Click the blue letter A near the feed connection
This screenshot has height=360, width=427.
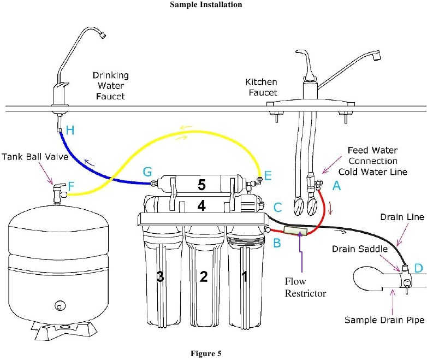pos(336,186)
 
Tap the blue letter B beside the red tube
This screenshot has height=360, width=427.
pos(277,243)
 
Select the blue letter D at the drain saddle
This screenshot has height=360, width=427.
pos(418,268)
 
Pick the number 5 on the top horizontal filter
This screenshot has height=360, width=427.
pos(201,186)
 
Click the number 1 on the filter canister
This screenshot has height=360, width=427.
pos(244,277)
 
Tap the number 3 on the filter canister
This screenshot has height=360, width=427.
pos(160,277)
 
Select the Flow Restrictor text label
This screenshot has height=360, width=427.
pos(306,287)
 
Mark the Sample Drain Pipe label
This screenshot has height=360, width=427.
pos(384,320)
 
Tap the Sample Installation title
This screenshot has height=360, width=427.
pos(213,5)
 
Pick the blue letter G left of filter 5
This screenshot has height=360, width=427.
pos(147,172)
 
